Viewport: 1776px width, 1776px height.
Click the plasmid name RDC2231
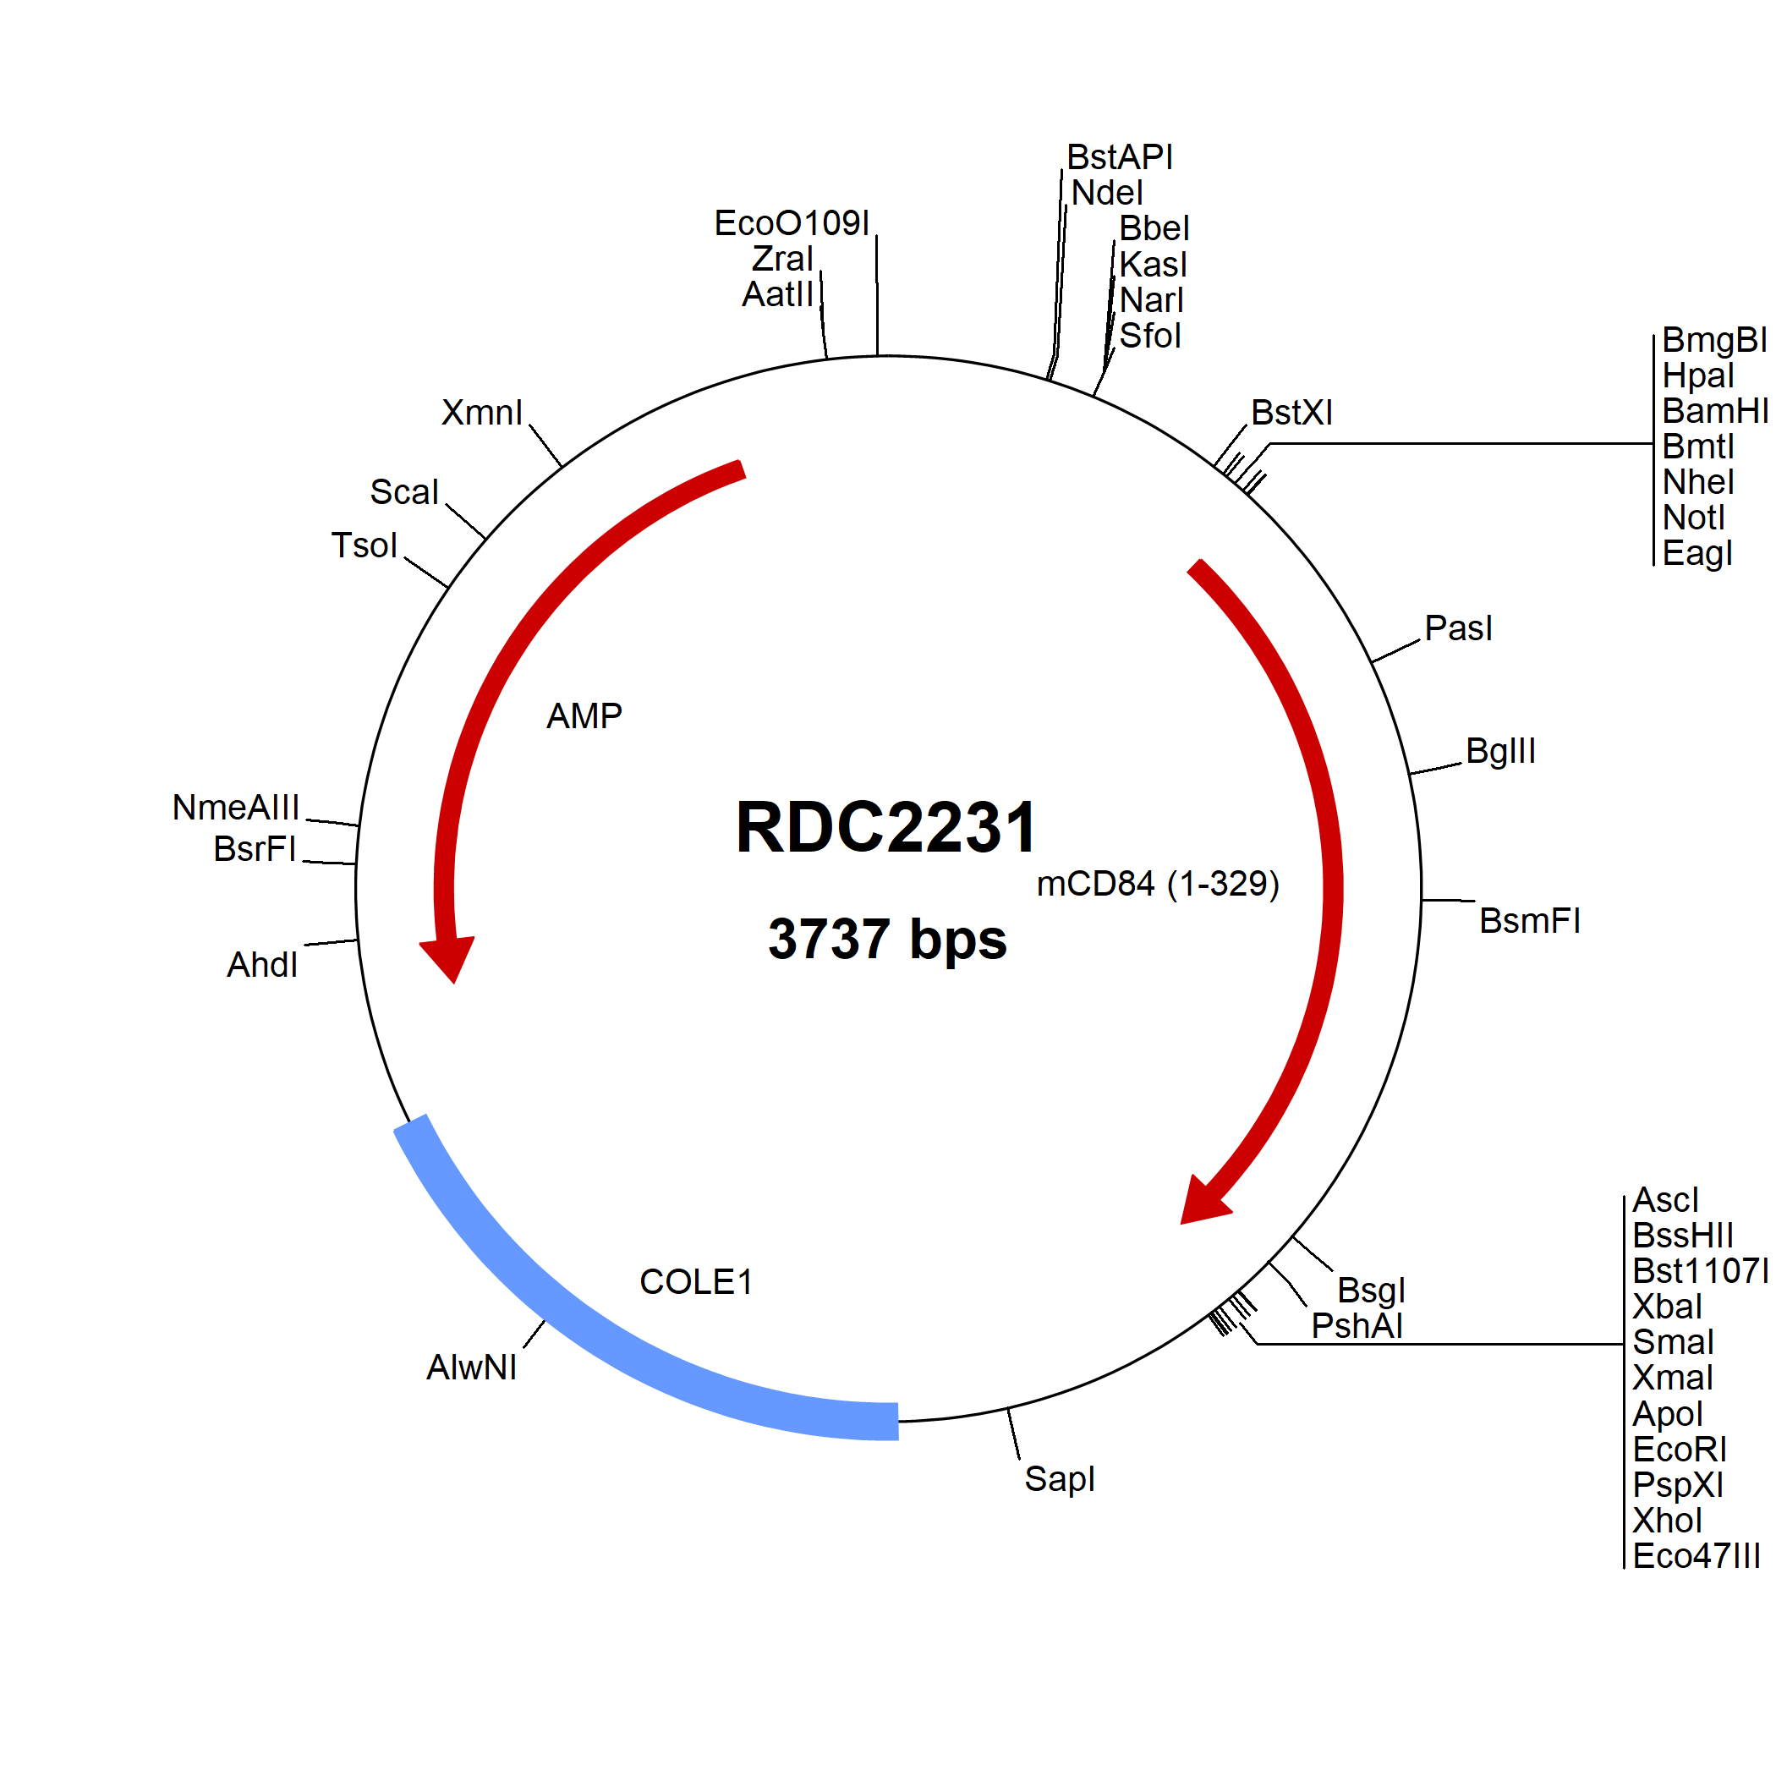pos(886,827)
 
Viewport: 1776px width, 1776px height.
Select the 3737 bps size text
pos(887,940)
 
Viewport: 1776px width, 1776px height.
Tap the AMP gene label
pos(584,716)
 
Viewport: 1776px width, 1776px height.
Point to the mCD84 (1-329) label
pos(1157,884)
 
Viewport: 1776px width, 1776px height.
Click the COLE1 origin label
pos(696,1282)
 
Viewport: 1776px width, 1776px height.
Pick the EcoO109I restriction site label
pos(792,223)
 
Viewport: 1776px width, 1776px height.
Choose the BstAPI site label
pos(1120,157)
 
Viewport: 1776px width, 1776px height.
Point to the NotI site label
pos(1693,518)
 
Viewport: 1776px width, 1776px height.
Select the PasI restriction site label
pos(1458,628)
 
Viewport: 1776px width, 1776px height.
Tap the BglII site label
pos(1500,751)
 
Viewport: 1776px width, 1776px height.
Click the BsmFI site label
pos(1530,920)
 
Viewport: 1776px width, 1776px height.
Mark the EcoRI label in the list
pos(1680,1450)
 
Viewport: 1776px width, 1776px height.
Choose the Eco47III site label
pos(1696,1556)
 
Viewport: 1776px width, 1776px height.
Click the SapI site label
pos(1060,1479)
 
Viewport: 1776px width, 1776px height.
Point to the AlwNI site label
pos(472,1367)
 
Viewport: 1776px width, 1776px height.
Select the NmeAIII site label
pos(236,807)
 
